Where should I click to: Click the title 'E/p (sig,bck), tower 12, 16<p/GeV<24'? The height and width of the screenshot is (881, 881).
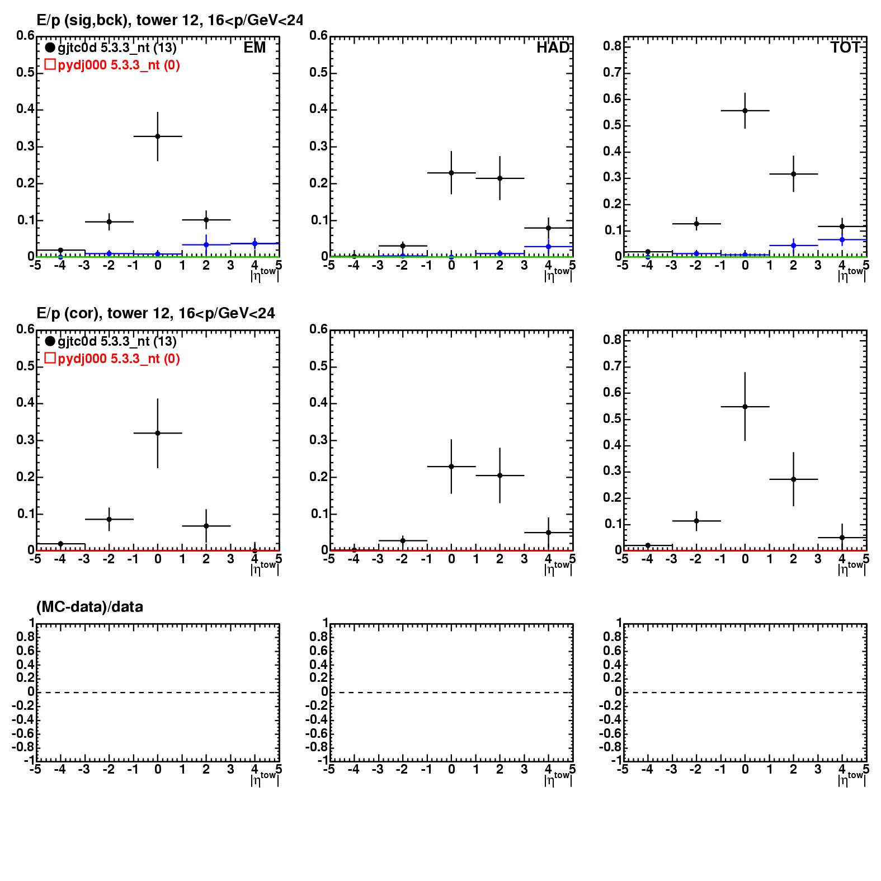coord(169,21)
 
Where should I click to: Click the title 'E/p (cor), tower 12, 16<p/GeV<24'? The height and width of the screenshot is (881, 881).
coord(156,313)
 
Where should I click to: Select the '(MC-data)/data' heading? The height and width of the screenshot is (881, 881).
coord(89,607)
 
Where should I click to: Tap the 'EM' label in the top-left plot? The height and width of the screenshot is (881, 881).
coord(255,48)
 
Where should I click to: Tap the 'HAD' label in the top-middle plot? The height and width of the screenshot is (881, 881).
coord(553,48)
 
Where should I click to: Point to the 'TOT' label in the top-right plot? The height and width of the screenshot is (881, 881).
coord(845,48)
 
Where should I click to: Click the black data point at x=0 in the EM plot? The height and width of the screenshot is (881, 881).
coord(158,136)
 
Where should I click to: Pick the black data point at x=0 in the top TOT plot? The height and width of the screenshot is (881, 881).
coord(745,110)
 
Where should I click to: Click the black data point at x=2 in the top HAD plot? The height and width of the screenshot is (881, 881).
coord(500,178)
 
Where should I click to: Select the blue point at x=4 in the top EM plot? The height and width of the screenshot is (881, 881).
coord(255,243)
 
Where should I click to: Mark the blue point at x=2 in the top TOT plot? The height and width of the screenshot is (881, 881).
coord(793,246)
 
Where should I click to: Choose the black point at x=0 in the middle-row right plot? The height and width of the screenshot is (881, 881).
coord(745,407)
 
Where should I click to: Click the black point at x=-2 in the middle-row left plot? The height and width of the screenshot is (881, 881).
coord(109,519)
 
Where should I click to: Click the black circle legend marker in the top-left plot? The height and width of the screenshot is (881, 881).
coord(50,48)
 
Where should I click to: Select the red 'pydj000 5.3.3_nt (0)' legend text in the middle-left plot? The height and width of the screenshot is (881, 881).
coord(119,359)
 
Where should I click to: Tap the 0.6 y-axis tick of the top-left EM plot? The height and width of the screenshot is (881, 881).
coord(25,36)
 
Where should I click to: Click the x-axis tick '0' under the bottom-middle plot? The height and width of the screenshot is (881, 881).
coord(451,770)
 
